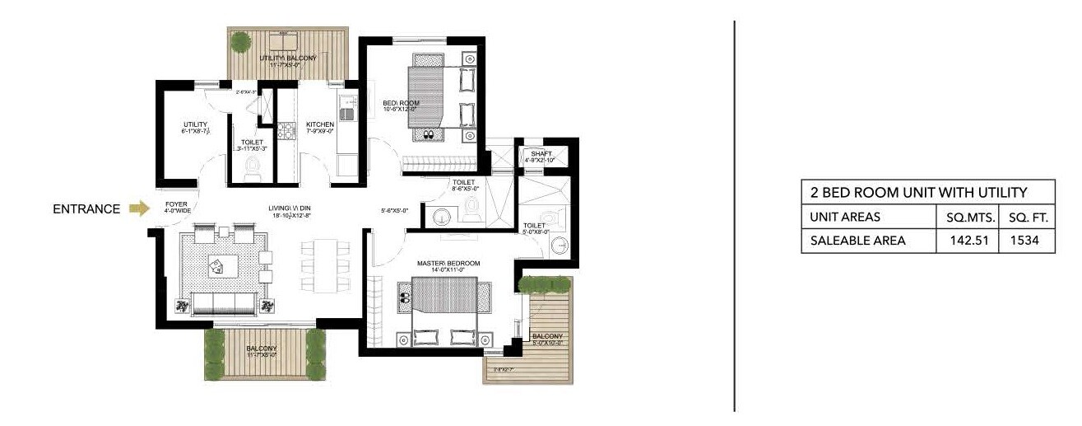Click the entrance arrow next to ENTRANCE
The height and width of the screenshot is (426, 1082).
point(140,209)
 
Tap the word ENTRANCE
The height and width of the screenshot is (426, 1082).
point(87,209)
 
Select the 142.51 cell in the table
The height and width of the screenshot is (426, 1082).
point(968,241)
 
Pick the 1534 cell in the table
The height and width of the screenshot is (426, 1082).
point(1027,241)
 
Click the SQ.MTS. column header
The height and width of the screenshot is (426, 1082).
point(968,218)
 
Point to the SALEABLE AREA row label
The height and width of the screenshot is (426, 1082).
point(857,241)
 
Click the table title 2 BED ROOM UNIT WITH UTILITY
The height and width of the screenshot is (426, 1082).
point(918,193)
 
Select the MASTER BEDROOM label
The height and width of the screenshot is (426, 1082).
point(448,264)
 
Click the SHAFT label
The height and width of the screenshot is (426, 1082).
point(541,154)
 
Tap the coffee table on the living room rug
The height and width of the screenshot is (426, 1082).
point(221,264)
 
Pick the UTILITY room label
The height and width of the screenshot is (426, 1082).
point(195,125)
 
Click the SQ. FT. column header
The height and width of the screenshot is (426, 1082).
point(1027,218)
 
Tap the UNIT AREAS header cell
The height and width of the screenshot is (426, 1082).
point(845,218)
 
